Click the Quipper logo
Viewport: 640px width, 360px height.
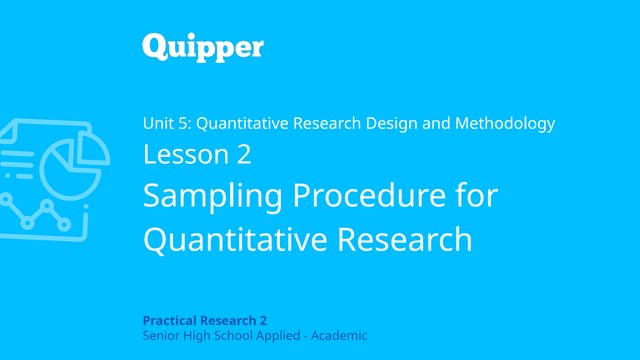point(202,46)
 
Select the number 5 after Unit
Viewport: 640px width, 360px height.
point(185,124)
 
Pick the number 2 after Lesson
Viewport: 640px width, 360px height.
point(243,155)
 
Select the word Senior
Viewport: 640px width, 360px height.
point(161,335)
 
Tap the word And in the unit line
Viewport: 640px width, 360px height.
point(443,124)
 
